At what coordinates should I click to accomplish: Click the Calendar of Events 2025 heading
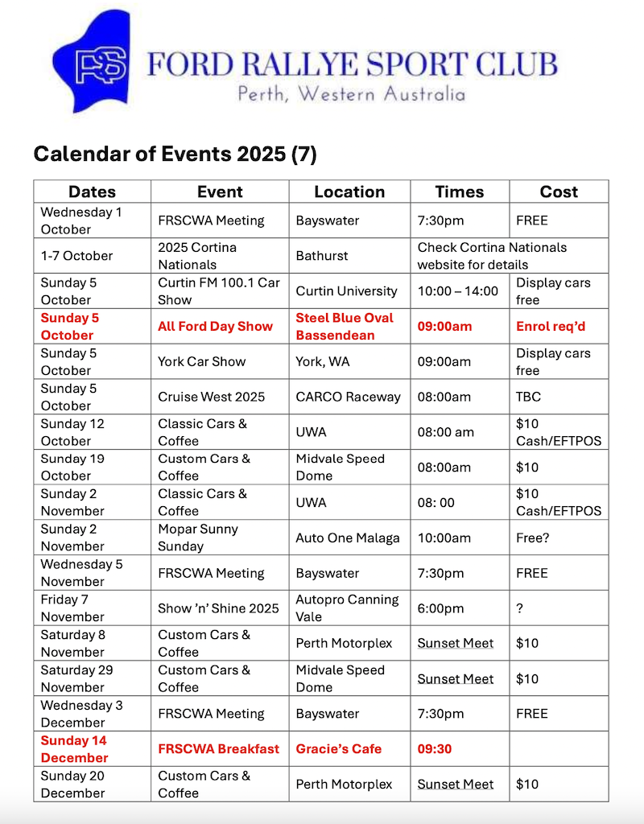tap(175, 154)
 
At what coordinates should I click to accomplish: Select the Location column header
tap(349, 192)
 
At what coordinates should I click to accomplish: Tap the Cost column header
tap(559, 192)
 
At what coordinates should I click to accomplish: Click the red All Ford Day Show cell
tap(215, 326)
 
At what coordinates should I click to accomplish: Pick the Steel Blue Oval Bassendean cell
tap(345, 326)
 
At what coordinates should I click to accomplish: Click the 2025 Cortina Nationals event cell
tap(197, 256)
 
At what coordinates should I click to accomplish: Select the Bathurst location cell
tap(322, 256)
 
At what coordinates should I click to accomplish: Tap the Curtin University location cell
tap(346, 291)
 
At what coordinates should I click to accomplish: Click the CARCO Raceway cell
tap(348, 397)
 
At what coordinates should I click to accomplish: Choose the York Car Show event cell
tap(201, 361)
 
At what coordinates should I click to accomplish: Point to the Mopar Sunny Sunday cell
tap(197, 538)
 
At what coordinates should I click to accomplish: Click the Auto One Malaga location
tap(348, 538)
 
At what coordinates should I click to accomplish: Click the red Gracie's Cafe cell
tap(338, 748)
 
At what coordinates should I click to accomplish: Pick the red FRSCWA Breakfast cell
tap(218, 748)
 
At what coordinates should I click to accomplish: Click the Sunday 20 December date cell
tap(73, 785)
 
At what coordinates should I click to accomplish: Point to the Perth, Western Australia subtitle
tap(351, 93)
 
